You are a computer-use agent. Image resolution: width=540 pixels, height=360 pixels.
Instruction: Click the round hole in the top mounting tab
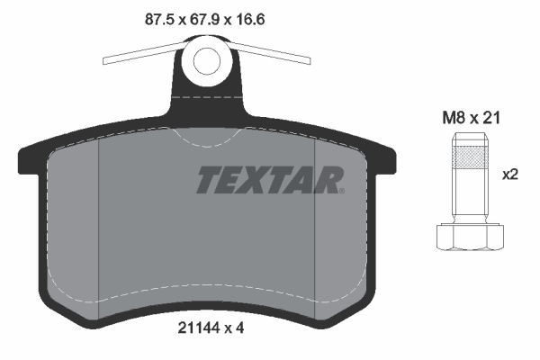point(204,62)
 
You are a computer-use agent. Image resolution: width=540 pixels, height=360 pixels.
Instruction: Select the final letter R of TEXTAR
point(325,180)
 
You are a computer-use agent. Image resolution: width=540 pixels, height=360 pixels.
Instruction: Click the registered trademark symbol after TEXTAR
point(341,189)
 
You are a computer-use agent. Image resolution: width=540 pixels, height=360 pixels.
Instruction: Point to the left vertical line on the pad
point(96,225)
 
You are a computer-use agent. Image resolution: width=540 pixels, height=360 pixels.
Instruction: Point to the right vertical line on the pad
point(313,225)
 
